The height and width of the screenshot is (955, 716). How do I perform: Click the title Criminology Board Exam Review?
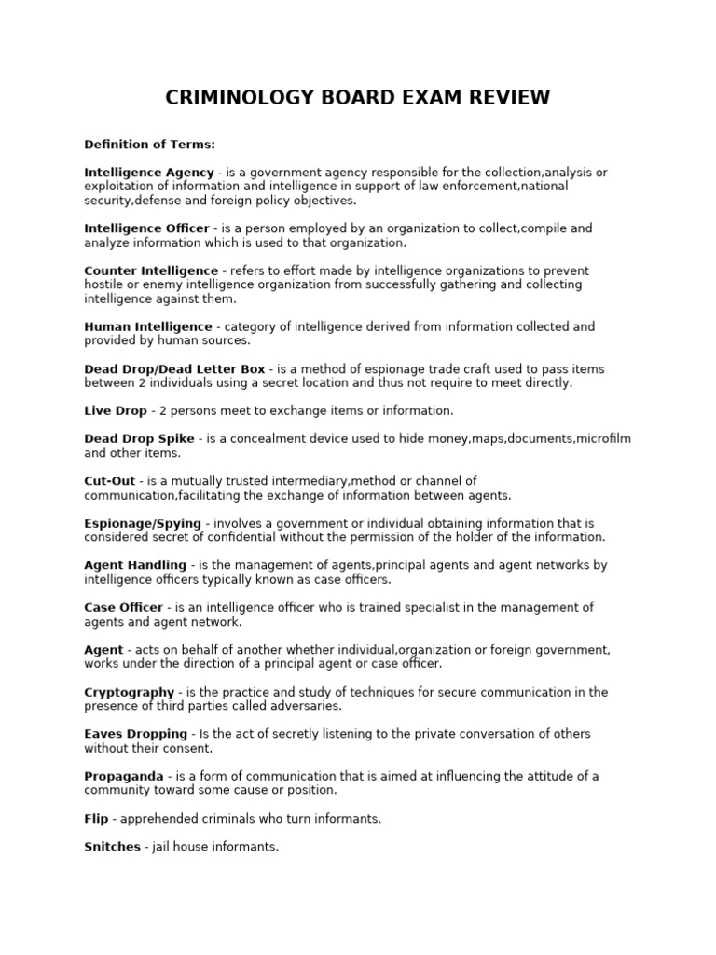coord(358,98)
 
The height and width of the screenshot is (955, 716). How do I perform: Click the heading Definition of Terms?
coord(150,145)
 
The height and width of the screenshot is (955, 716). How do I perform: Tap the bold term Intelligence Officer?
coord(146,228)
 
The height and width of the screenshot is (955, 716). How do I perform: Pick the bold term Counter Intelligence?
coord(152,270)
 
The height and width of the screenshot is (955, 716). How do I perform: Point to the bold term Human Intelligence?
coord(148,326)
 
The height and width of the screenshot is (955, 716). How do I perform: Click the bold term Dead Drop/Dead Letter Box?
coord(174,369)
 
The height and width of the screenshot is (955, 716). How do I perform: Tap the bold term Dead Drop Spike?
coord(140,439)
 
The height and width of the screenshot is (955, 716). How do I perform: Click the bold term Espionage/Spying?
coord(143,523)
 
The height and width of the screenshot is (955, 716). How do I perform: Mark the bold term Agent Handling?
coord(135,565)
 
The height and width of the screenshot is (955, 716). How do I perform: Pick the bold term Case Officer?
coord(123,607)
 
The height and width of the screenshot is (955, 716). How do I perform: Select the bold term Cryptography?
coord(130,692)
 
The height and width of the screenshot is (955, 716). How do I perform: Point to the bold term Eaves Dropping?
coord(136,734)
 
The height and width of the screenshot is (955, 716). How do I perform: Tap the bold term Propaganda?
coord(124,777)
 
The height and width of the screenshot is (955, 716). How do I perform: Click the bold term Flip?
coord(96,819)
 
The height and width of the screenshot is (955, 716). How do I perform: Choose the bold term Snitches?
coord(112,847)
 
